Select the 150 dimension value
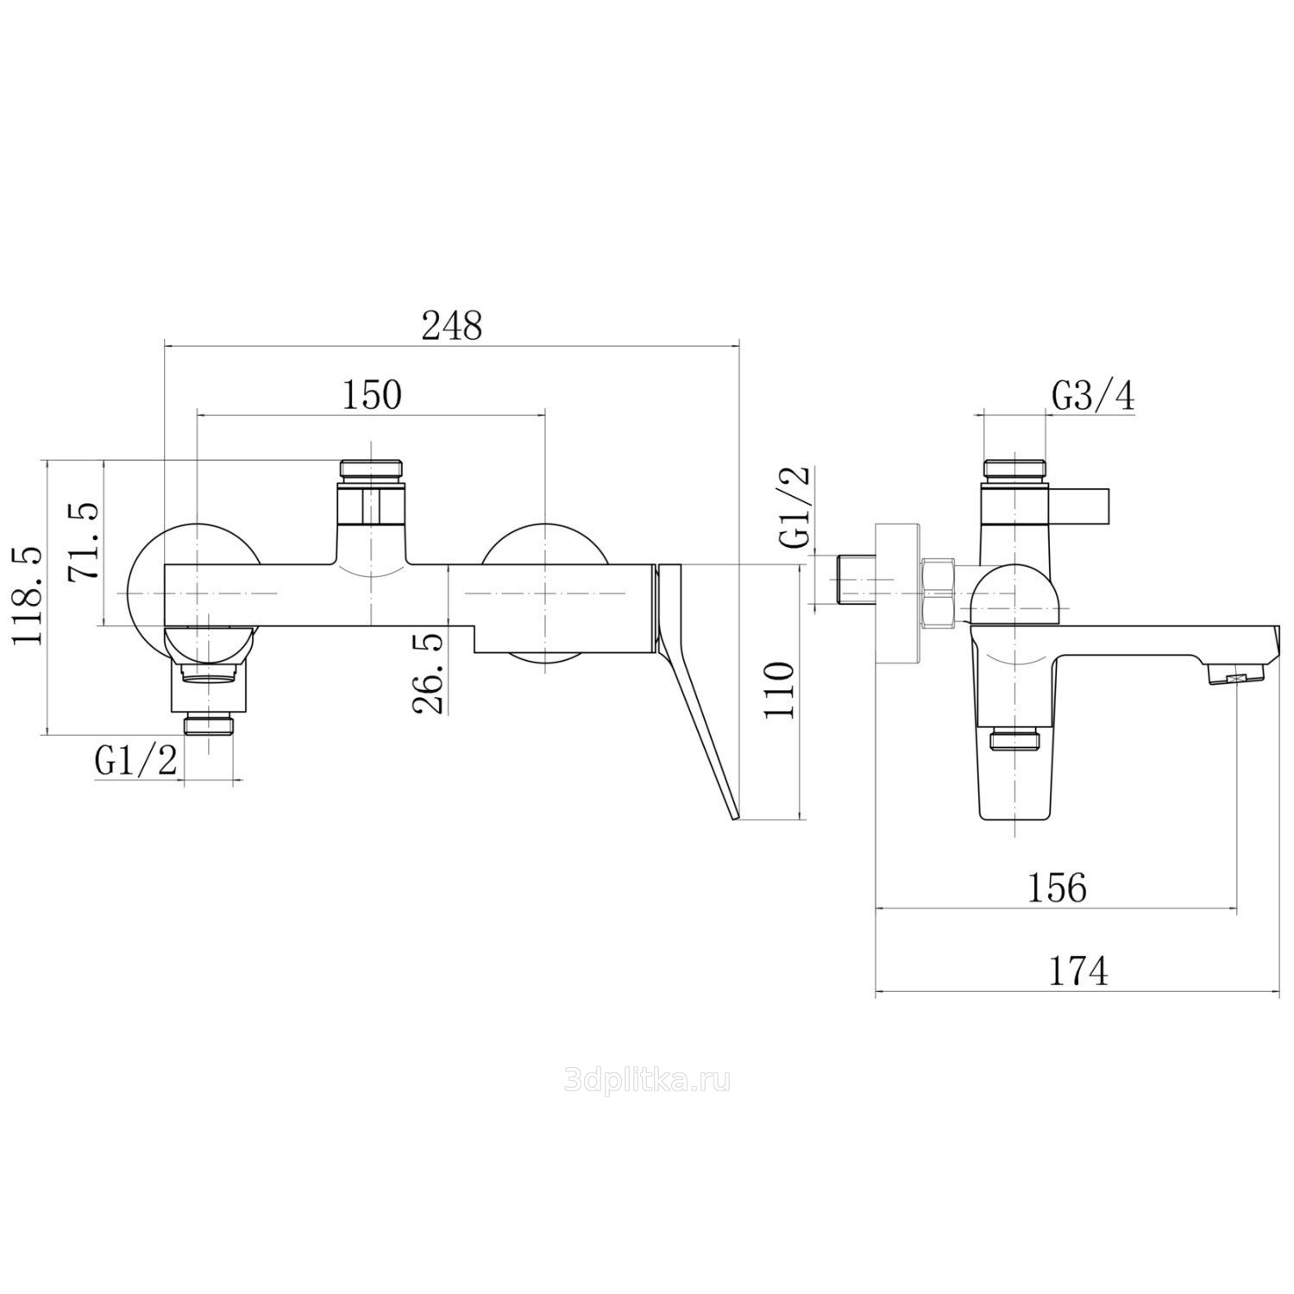pyautogui.click(x=373, y=396)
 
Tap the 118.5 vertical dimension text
pyautogui.click(x=28, y=594)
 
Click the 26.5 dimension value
pyautogui.click(x=429, y=673)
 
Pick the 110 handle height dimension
pyautogui.click(x=780, y=691)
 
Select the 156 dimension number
pyautogui.click(x=1058, y=888)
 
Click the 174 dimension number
pyautogui.click(x=1078, y=972)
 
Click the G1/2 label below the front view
pyautogui.click(x=137, y=761)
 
